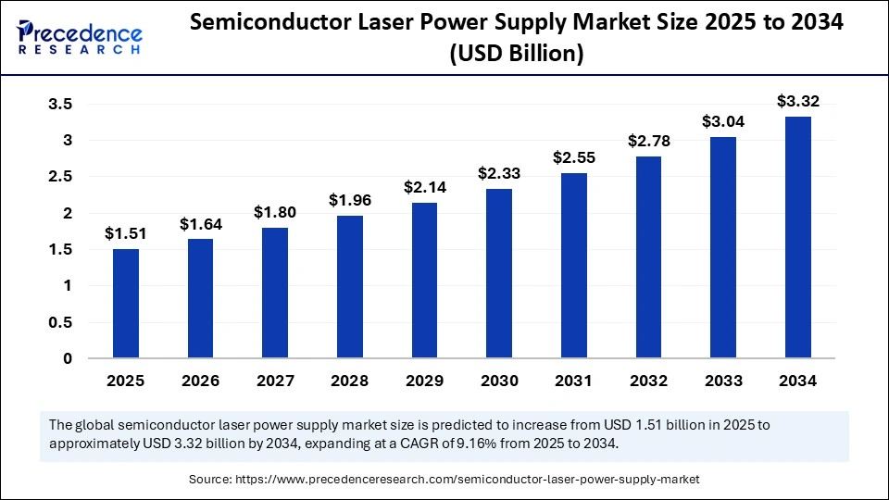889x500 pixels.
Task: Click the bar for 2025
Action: coord(126,303)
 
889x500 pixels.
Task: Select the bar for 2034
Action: coord(798,237)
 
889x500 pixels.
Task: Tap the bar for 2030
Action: coord(499,273)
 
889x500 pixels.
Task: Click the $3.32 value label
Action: coord(798,101)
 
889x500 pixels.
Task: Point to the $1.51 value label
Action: coord(126,232)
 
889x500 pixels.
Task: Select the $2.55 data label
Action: coord(574,157)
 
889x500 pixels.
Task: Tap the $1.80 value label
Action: coord(275,212)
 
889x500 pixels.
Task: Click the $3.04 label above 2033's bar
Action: coord(723,121)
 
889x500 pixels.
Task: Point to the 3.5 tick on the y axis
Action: coord(60,105)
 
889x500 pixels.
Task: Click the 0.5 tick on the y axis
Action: coord(60,322)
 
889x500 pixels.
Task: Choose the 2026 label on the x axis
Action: coord(200,381)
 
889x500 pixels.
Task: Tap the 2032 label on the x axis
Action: coord(648,381)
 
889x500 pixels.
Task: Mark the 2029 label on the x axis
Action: coord(424,381)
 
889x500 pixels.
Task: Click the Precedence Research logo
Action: coord(80,35)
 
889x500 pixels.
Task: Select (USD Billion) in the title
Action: coord(516,55)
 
